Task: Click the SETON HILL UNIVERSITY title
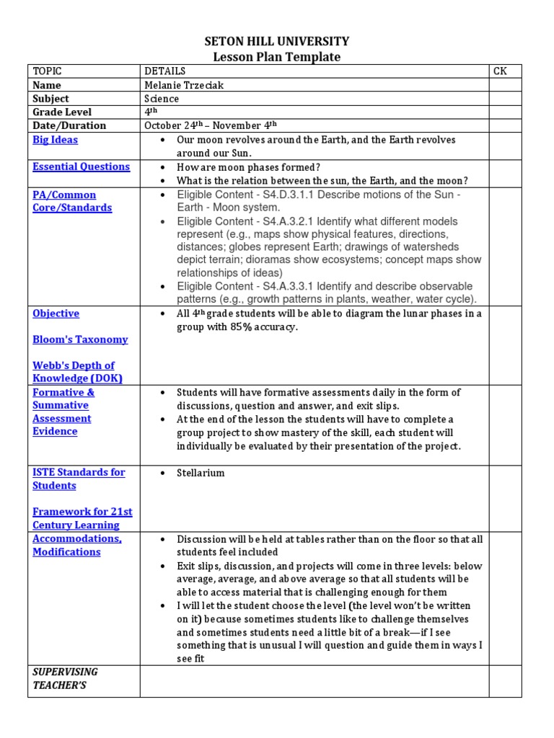(277, 41)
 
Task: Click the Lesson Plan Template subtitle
(277, 57)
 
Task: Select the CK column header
(500, 71)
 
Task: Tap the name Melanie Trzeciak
(184, 85)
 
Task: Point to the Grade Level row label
(62, 112)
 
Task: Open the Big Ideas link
(55, 140)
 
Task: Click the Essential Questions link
(81, 166)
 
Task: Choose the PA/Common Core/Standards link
(72, 202)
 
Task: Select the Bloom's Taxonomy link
(80, 339)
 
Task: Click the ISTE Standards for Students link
(79, 479)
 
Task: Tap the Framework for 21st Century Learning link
(82, 518)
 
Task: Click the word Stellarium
(201, 473)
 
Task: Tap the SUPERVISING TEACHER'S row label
(65, 678)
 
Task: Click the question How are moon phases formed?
(248, 167)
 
